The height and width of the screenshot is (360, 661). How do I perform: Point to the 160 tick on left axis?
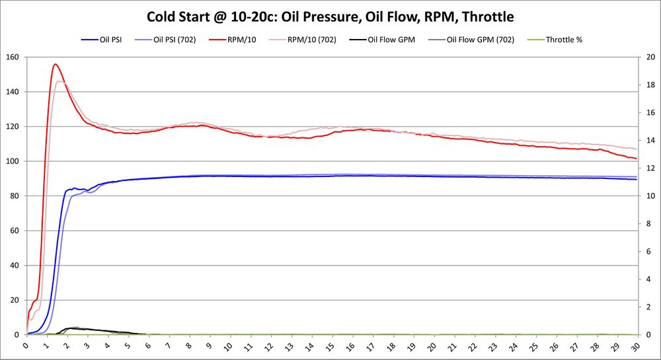(13, 57)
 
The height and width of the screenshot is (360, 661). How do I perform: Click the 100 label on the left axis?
(13, 161)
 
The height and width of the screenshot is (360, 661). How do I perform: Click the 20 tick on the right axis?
(650, 57)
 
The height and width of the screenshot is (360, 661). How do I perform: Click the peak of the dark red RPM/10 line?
(55, 64)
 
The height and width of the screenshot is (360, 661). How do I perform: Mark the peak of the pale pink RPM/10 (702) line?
(60, 81)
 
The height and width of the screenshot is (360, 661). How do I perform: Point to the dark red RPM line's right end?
(636, 159)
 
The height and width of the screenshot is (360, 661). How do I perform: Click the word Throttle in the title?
(484, 16)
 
